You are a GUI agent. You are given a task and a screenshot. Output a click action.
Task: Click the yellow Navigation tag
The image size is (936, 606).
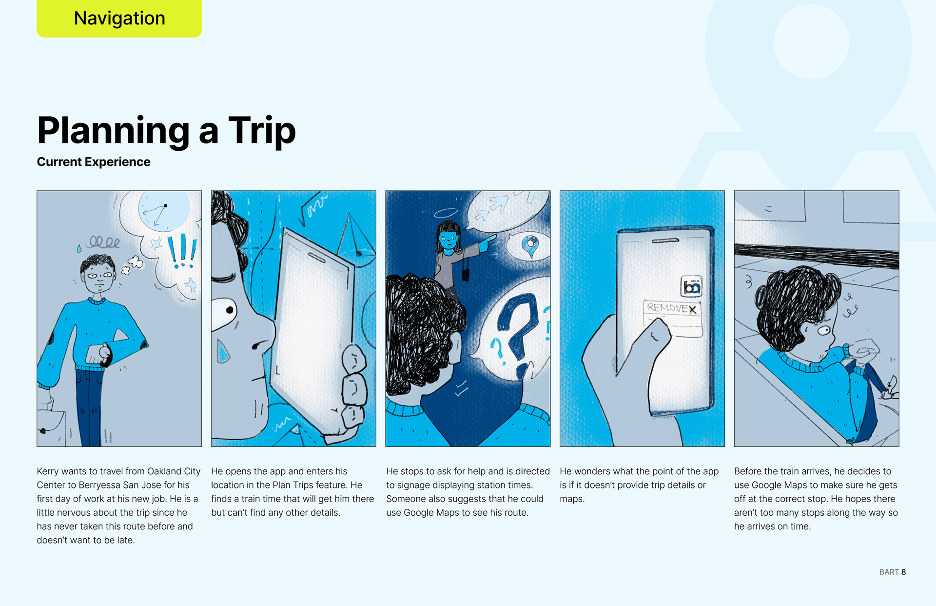[x=119, y=19]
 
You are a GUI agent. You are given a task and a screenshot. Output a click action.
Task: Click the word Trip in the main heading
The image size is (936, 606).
[x=262, y=131]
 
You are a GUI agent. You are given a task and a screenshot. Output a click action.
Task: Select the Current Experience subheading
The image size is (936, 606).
[x=94, y=162]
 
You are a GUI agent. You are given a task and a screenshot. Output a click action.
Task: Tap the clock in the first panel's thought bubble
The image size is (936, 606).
[x=164, y=211]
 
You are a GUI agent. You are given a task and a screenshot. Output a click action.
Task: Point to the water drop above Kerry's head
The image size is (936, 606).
[x=79, y=249]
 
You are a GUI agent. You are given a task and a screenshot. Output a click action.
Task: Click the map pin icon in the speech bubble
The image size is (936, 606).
[x=530, y=245]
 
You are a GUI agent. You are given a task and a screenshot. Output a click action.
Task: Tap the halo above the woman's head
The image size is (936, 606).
[x=446, y=213]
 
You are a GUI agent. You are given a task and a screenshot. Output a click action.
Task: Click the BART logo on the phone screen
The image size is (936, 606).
[x=691, y=286]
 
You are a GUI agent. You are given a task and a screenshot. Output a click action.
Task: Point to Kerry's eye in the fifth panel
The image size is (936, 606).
[x=824, y=331]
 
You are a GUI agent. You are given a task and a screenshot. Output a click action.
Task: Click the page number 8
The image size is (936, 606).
[x=903, y=572]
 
